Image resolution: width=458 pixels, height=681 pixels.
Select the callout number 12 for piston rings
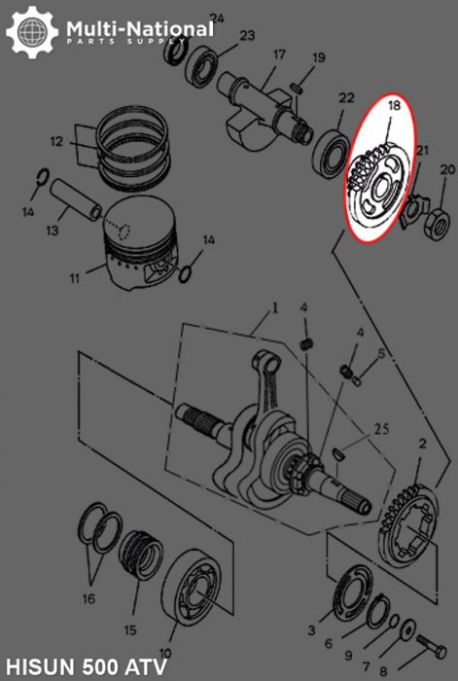point(56,142)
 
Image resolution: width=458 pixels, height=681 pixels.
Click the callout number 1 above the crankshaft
point(275,308)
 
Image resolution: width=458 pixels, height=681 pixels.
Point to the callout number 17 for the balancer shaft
point(278,54)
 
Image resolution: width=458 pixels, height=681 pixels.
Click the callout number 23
point(247,36)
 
